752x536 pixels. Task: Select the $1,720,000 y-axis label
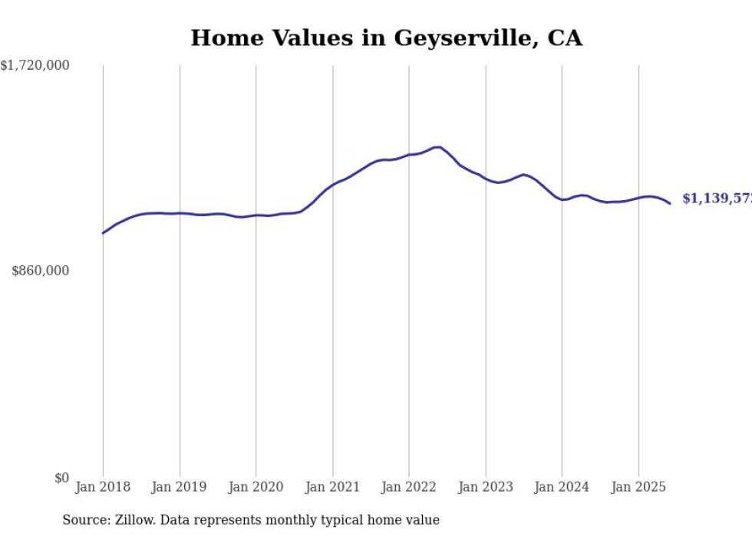click(x=35, y=66)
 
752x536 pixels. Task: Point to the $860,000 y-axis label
click(x=41, y=271)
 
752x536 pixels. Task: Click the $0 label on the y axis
click(x=61, y=478)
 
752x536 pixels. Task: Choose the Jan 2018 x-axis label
click(x=103, y=487)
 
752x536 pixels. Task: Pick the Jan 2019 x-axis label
click(x=180, y=487)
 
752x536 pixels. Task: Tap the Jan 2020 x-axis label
click(x=256, y=487)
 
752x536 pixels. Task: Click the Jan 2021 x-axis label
click(x=332, y=487)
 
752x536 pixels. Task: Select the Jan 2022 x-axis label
click(x=409, y=487)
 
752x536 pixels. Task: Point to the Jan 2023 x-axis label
click(x=485, y=487)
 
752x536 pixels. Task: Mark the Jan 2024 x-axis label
click(x=562, y=487)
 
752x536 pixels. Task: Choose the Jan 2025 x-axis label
click(x=638, y=487)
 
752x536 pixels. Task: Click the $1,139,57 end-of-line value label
click(x=716, y=199)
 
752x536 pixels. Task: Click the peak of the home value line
click(x=438, y=146)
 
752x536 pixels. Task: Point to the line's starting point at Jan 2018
click(x=103, y=233)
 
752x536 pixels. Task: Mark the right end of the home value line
click(x=670, y=203)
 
